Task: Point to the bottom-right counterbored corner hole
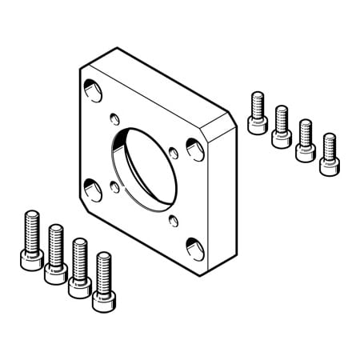pos(194,246)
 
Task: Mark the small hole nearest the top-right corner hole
pos(174,150)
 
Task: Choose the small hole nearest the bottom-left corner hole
pos(114,186)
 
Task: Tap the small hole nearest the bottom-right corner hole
pos(174,218)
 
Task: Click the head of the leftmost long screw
pos(30,258)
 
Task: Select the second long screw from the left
pos(55,252)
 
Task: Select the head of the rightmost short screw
pos(328,165)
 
